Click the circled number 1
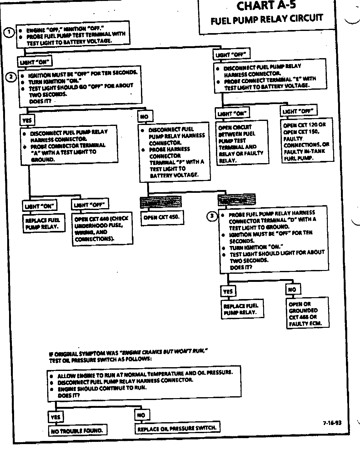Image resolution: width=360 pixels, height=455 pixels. tap(9, 32)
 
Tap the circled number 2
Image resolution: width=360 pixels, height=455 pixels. tap(11, 77)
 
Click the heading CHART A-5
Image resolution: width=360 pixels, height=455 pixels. tap(266, 6)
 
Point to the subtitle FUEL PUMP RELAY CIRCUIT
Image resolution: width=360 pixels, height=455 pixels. tap(267, 19)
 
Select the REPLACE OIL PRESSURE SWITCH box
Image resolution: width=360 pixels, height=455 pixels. tap(177, 428)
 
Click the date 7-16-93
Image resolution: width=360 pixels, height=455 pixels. tap(332, 423)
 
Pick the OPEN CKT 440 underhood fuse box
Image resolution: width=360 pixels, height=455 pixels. tap(102, 229)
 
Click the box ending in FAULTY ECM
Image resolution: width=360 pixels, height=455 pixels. tap(307, 313)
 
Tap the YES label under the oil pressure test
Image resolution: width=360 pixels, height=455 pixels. tap(55, 417)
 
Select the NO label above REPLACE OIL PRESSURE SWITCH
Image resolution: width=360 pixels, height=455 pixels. tap(142, 415)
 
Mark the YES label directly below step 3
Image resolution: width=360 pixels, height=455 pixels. tap(228, 291)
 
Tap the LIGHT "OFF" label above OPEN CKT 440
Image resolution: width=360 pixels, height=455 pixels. tap(90, 205)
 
